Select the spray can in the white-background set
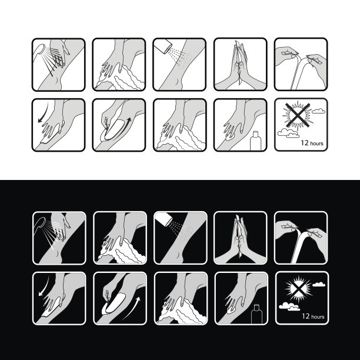pos(162,46)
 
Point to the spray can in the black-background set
pos(164,219)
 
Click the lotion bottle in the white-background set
pos(255,141)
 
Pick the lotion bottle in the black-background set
pos(256,314)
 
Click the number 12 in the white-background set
pos(305,143)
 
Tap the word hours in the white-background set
pos(316,144)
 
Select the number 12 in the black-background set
pos(305,316)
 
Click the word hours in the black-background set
pos(318,317)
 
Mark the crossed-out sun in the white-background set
pos(298,115)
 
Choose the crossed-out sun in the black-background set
pos(298,288)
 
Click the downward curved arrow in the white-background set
pos(44,112)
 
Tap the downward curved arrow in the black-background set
pos(45,286)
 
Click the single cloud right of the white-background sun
pos(318,111)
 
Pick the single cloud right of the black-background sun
pos(319,285)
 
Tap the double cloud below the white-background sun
pos(288,133)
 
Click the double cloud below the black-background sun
pos(289,306)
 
